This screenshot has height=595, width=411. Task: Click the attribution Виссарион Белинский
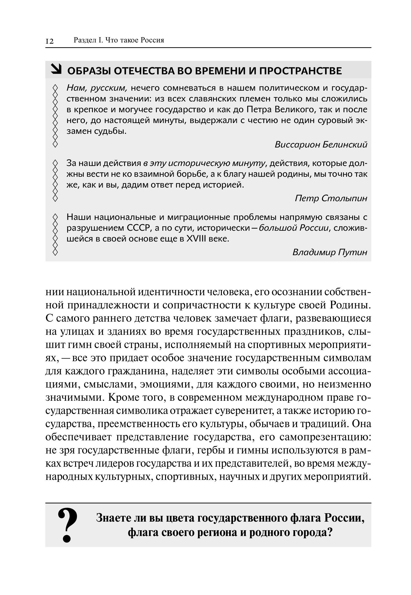click(x=321, y=145)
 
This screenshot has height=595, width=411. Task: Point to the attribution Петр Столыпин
click(x=331, y=198)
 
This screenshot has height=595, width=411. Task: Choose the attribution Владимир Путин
click(x=330, y=252)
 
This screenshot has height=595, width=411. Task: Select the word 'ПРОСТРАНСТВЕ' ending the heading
click(x=301, y=71)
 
